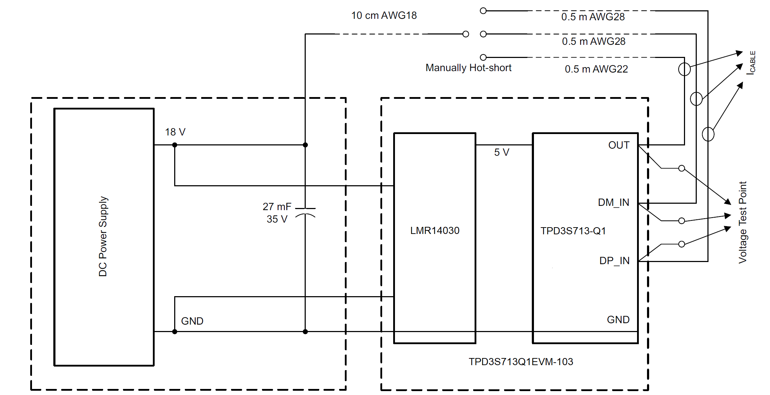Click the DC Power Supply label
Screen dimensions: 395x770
click(x=103, y=236)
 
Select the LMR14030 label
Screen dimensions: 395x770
click(x=435, y=231)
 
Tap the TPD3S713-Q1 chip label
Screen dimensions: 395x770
click(x=573, y=231)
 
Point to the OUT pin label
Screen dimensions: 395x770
click(x=619, y=145)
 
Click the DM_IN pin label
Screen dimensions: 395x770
click(x=614, y=203)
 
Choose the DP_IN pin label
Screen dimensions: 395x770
click(x=614, y=261)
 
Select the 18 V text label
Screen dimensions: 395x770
click(x=175, y=132)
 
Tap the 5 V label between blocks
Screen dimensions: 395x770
click(x=502, y=153)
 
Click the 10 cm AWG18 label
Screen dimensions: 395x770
click(x=384, y=16)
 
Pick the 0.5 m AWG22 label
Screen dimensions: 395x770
click(x=596, y=69)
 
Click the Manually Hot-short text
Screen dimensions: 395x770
click(x=468, y=68)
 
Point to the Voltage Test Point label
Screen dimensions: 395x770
click(x=743, y=222)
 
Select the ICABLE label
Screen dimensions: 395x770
click(x=751, y=63)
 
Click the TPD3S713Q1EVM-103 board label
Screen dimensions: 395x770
click(x=521, y=362)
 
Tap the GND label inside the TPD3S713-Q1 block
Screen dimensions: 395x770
click(x=618, y=320)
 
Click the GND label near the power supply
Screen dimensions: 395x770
click(x=192, y=321)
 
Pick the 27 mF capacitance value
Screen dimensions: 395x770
click(x=277, y=207)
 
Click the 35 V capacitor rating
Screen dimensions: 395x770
click(x=277, y=219)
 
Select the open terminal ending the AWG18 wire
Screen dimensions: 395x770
click(x=466, y=34)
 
